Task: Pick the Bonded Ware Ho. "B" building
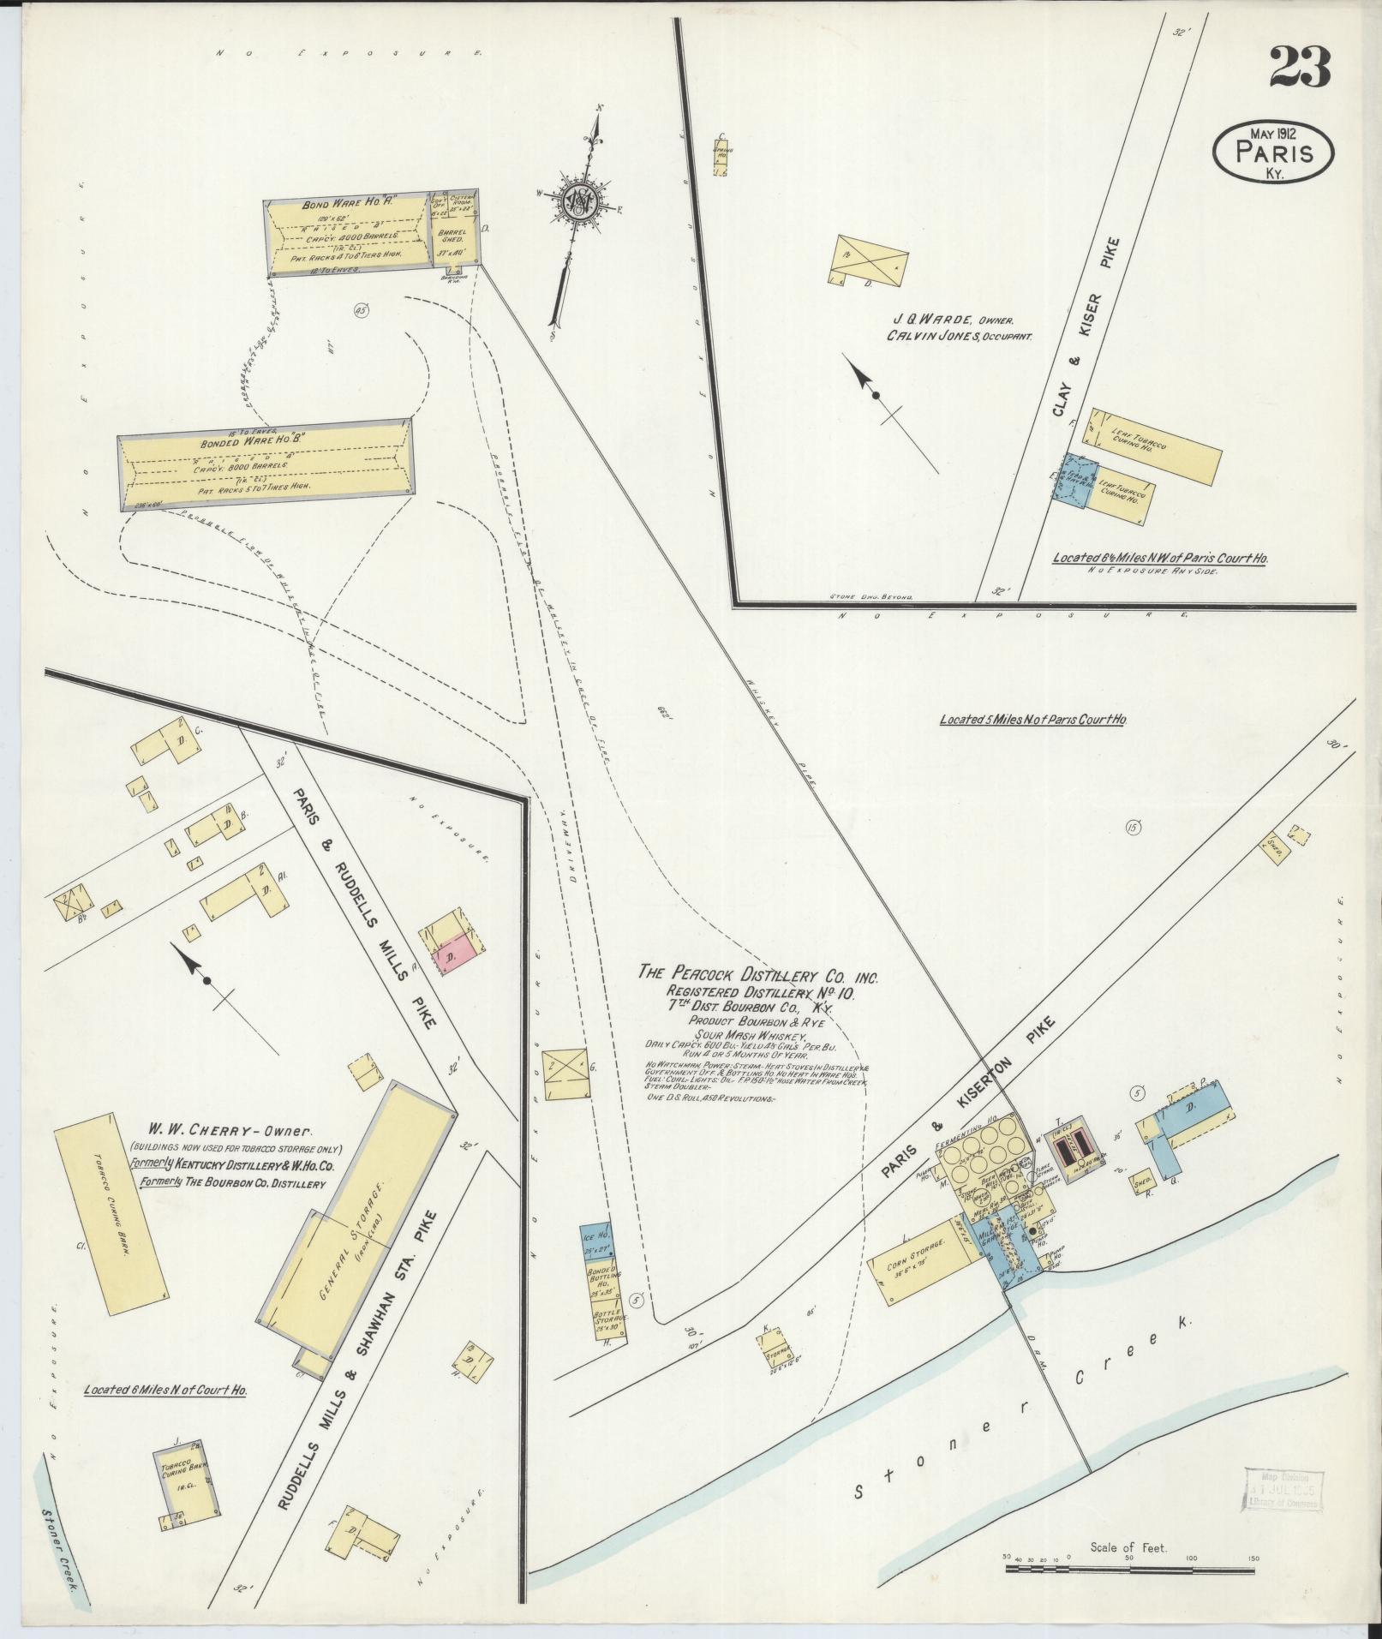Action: click(x=265, y=464)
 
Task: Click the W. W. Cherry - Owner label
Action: click(x=215, y=1130)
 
